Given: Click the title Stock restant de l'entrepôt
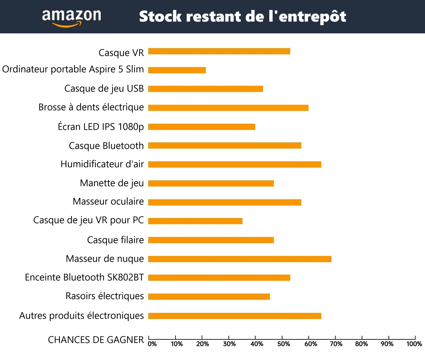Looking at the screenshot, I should point(242,17).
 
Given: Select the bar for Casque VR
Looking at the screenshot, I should point(219,51).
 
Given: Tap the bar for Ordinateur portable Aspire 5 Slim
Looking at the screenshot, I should point(177,70).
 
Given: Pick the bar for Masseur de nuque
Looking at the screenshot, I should point(239,259).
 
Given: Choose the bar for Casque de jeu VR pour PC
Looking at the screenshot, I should point(195,221).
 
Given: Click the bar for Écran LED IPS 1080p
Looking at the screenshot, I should point(202,127).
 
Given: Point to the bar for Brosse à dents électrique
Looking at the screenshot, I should point(228,108).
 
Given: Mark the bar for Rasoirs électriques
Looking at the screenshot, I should point(209,297).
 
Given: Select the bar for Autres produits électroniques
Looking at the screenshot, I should point(235,316).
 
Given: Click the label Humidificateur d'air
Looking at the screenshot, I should point(102,164).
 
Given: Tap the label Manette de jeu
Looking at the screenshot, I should point(112,183).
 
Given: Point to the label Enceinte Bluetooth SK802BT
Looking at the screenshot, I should point(84,278).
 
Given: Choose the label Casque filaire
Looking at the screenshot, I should point(115,240).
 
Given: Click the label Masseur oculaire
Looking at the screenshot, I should point(108,201).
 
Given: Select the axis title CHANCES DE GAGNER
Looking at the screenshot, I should point(96,340).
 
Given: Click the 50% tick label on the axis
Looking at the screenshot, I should point(284,344).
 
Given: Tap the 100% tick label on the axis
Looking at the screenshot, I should point(414,344).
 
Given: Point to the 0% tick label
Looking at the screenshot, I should point(152,344).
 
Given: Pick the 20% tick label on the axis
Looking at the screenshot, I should point(203,344).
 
